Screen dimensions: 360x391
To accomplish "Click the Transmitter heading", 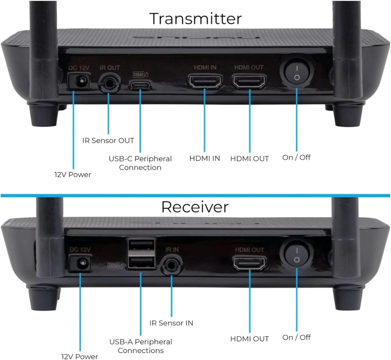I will click(195, 19).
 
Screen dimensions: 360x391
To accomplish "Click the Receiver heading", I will click(195, 207).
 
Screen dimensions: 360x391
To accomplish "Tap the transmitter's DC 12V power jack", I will click(79, 81).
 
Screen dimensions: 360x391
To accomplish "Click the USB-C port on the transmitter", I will click(140, 85).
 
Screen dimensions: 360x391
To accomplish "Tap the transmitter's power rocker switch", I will click(297, 72).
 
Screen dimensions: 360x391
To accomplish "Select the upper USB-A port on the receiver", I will click(141, 245).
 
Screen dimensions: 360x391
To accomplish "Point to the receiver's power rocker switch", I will click(297, 255).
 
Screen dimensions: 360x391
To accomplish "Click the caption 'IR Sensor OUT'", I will click(108, 141).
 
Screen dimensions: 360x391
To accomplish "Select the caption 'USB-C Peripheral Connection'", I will click(140, 163).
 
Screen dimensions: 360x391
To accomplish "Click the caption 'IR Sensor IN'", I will click(171, 323).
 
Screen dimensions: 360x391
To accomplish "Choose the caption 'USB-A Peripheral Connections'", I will click(141, 346).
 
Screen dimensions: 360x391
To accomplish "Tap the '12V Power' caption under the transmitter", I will click(73, 174).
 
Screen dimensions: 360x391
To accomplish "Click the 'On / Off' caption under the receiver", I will click(296, 337).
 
